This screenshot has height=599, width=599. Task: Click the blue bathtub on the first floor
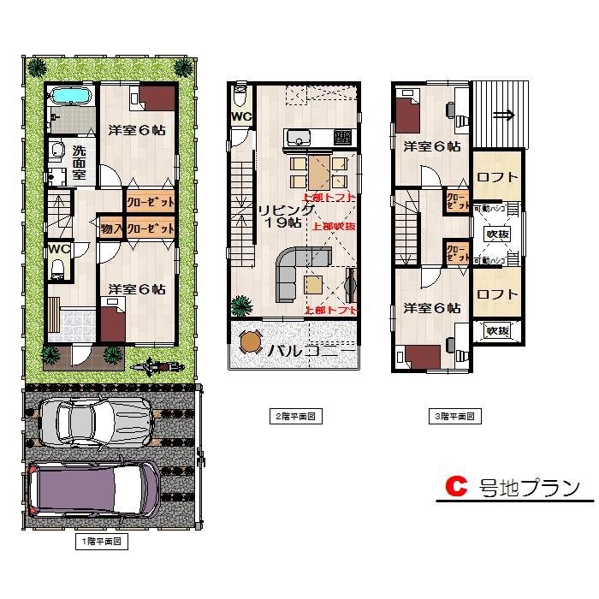tap(68, 96)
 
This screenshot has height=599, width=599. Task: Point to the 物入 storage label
tap(110, 228)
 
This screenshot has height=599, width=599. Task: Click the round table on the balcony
tap(251, 341)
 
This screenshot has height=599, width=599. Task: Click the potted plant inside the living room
tap(240, 305)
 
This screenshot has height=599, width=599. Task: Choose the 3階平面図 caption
tap(454, 417)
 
